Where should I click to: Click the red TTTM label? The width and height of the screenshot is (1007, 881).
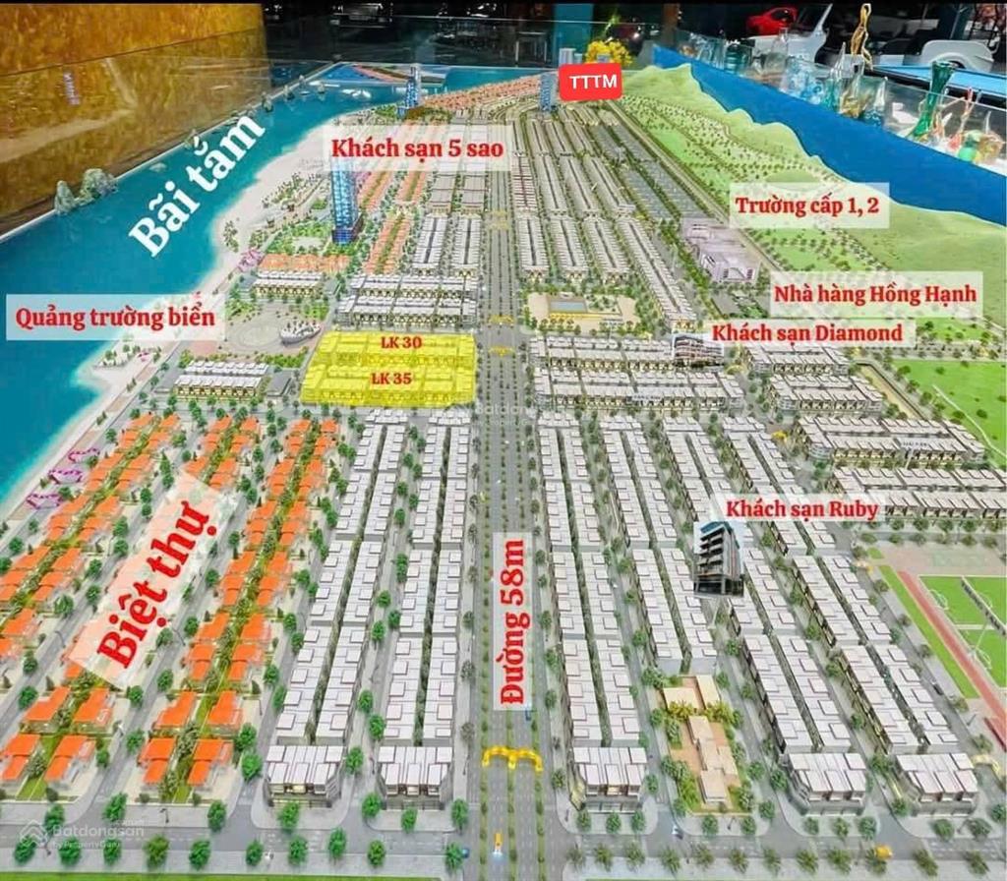pos(590,84)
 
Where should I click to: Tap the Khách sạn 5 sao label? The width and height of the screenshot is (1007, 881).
pos(417,149)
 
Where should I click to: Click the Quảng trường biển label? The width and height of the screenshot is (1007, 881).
pos(114,318)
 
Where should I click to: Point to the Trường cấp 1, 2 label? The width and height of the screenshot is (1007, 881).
pos(808,205)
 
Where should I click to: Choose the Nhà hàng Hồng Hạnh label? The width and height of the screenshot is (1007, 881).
pos(875,293)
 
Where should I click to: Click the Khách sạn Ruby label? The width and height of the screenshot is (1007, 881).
pos(802,508)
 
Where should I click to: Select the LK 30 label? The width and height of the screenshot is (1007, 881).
pos(400,343)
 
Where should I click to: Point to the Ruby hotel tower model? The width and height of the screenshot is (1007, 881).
pos(718,558)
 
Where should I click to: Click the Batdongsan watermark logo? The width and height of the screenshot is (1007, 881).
pos(84,834)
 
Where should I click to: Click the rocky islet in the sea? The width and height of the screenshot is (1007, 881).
pos(84,188)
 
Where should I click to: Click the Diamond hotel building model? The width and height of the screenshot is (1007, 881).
pos(696,349)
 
